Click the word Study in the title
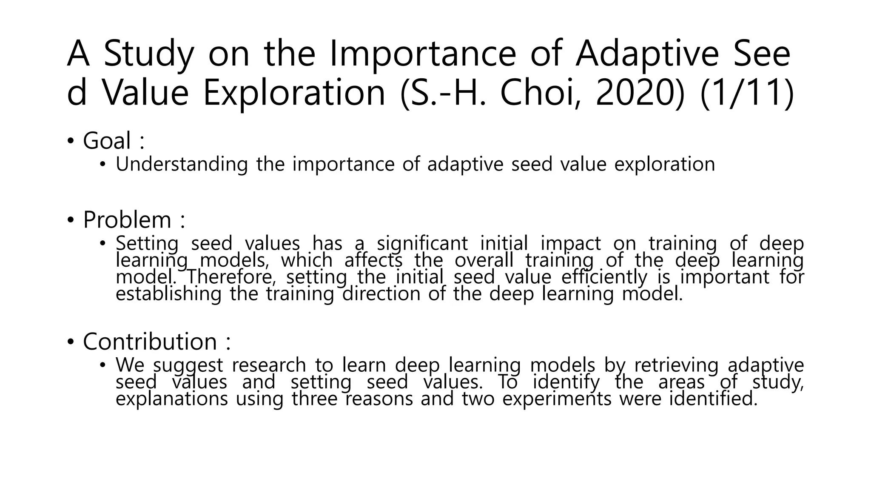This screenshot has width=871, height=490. (x=149, y=54)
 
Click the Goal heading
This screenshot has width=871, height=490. (x=107, y=141)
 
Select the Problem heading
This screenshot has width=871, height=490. (x=127, y=220)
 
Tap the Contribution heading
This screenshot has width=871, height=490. (x=150, y=342)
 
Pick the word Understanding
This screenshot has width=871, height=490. (x=182, y=164)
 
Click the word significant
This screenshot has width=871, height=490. (x=422, y=244)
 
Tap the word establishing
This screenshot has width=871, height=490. (x=168, y=294)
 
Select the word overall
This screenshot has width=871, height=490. (x=484, y=260)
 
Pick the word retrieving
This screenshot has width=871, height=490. (x=676, y=365)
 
